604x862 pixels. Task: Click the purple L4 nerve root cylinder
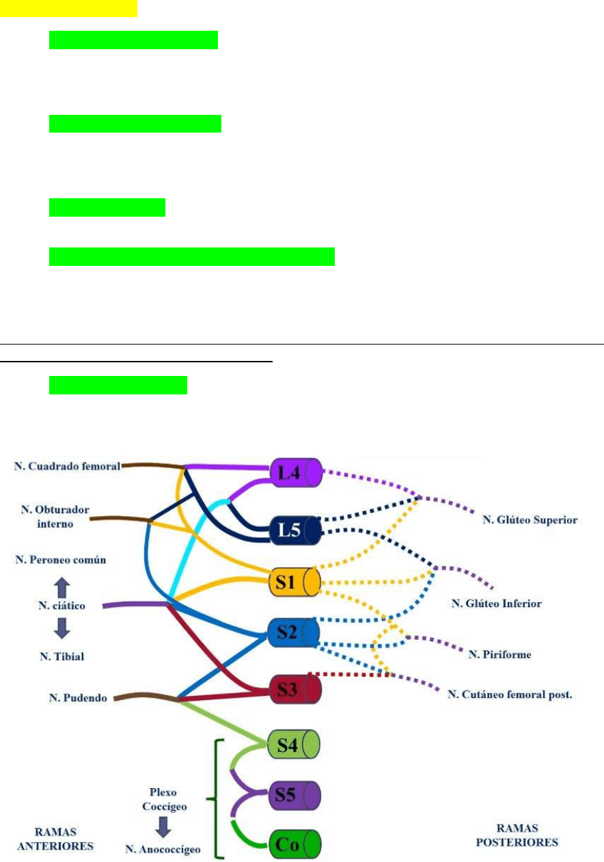pos(296,473)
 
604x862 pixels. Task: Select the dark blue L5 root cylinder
pos(296,530)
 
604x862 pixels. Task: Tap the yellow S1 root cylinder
pos(296,581)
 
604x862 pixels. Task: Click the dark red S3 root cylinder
pos(296,689)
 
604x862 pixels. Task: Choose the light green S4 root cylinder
pos(296,744)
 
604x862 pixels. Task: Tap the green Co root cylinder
pos(296,844)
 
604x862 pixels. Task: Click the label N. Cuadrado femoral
pos(67,466)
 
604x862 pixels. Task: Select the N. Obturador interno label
pos(55,517)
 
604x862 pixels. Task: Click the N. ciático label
pos(61,606)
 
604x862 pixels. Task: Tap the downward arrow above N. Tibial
pos(61,628)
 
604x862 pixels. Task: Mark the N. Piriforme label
pos(499,655)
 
